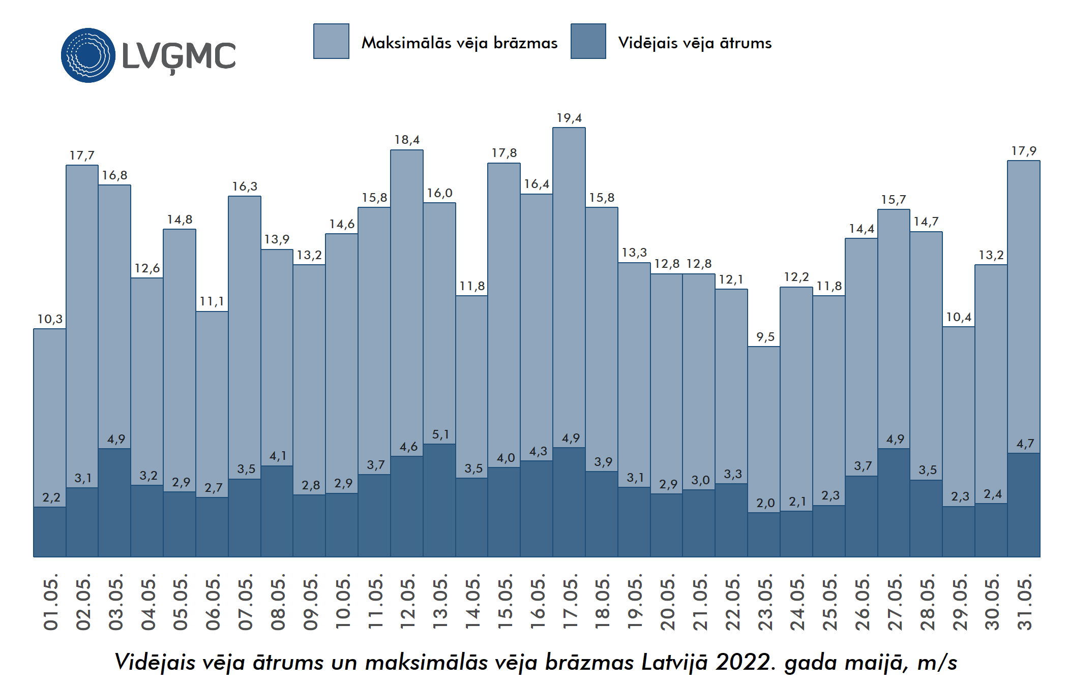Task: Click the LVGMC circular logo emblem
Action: point(88,55)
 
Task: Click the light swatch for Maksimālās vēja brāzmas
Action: point(331,41)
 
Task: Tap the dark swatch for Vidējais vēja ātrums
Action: point(588,41)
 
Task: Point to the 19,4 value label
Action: point(569,118)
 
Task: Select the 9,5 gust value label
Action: point(765,337)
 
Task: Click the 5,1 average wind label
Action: point(440,435)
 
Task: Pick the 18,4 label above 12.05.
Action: point(407,140)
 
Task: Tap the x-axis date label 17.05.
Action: point(570,602)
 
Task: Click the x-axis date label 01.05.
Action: point(51,602)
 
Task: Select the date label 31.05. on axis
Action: point(1024,602)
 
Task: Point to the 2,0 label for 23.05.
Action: point(765,504)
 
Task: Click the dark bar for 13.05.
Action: point(439,501)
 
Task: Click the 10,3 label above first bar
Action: point(50,320)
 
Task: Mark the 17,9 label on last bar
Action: point(1023,151)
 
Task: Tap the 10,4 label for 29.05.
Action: point(959,318)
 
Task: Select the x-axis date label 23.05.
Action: point(765,602)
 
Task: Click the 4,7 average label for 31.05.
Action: point(1025,444)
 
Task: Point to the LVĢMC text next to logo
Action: point(179,56)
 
